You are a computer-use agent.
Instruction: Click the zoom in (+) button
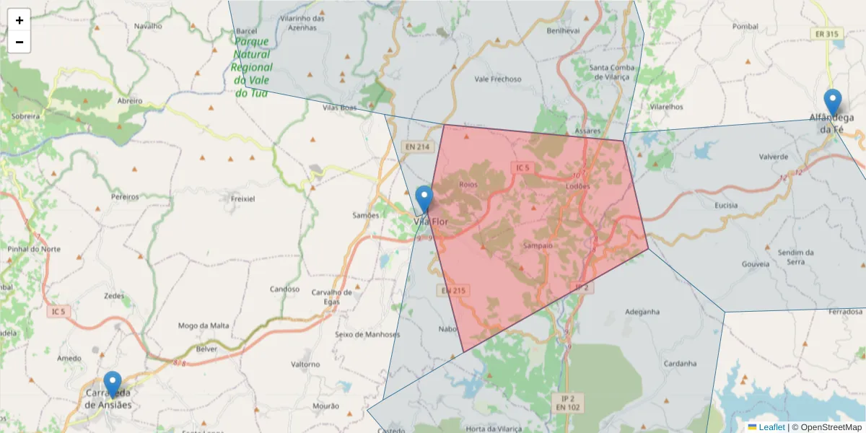tap(19, 20)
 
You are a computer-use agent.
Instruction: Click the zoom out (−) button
tap(19, 42)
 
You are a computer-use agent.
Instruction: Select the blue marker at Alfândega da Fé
tap(833, 102)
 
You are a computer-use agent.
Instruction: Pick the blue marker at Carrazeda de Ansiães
tap(113, 383)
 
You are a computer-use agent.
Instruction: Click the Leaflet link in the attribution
tap(771, 427)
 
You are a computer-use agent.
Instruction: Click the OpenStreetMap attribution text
tap(831, 427)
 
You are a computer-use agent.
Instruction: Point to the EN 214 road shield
tap(417, 146)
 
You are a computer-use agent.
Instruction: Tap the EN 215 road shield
tap(453, 290)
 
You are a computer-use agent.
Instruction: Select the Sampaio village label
tap(537, 245)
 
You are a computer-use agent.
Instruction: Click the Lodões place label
tap(577, 186)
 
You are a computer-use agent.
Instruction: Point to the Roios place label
tap(468, 185)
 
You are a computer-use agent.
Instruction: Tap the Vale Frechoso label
tap(498, 79)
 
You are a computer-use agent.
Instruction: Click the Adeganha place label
tap(642, 312)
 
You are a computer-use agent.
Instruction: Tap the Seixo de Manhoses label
tap(367, 335)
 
